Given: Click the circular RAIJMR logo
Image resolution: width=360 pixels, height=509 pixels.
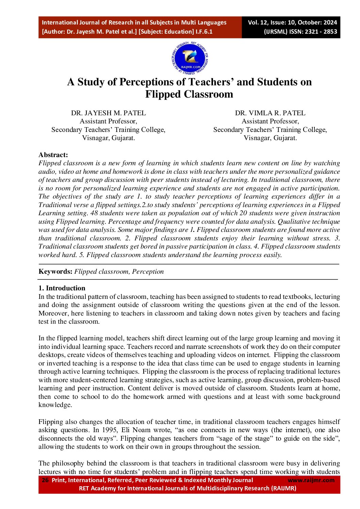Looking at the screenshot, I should pos(190,58).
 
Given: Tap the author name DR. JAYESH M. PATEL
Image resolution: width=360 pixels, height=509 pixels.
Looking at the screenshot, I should pos(108,113).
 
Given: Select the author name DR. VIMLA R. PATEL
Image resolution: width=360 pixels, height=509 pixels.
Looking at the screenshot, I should pos(270,113).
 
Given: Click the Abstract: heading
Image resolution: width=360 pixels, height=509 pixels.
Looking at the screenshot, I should pos(53,155).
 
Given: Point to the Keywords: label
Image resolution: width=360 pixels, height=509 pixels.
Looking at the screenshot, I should pos(55,271).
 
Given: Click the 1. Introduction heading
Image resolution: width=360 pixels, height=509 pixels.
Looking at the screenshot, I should pos(62,288).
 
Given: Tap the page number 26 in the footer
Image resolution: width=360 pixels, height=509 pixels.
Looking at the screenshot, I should pos(45,480).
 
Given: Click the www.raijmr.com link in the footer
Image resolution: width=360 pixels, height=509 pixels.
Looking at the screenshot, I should pos(311,480).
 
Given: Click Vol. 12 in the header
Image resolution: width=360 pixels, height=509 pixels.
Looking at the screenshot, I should pos(258,22).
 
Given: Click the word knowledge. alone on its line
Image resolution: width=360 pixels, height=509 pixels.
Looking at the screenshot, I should pos(55,405).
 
